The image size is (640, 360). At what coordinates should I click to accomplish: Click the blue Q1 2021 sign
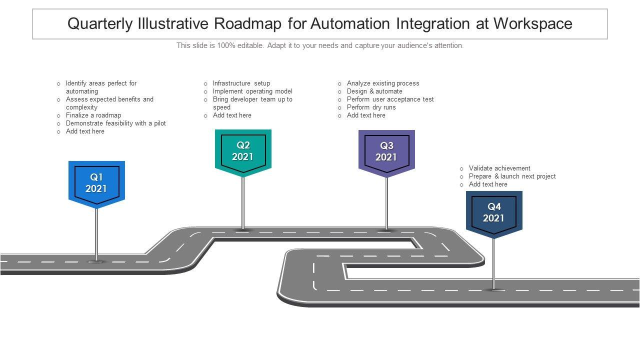(x=96, y=183)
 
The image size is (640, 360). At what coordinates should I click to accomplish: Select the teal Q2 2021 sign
(x=243, y=151)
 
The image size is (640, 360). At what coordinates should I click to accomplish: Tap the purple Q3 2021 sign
(x=386, y=151)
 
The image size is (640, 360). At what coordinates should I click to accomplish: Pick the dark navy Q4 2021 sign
(x=494, y=212)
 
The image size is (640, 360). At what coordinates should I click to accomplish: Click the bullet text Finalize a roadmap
(x=93, y=115)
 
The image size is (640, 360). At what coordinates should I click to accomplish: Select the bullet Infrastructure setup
(x=241, y=83)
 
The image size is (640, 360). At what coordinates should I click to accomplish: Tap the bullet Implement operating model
(x=252, y=91)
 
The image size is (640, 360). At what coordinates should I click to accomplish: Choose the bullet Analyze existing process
(x=383, y=83)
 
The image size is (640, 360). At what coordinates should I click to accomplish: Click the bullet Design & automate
(x=374, y=91)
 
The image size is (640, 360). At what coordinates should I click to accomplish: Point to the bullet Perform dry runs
(x=371, y=107)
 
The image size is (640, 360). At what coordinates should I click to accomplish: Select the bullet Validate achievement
(x=499, y=168)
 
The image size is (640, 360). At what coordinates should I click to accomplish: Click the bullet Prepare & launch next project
(x=512, y=176)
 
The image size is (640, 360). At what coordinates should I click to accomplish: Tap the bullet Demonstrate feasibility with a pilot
(x=116, y=123)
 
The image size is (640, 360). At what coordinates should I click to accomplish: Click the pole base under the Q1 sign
(x=96, y=260)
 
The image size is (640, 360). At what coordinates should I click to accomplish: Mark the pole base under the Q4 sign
(x=494, y=289)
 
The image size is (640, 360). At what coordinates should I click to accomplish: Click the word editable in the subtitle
(x=249, y=45)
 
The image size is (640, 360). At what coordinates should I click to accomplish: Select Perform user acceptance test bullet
(x=390, y=99)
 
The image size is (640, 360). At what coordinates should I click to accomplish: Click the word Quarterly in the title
(x=100, y=24)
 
